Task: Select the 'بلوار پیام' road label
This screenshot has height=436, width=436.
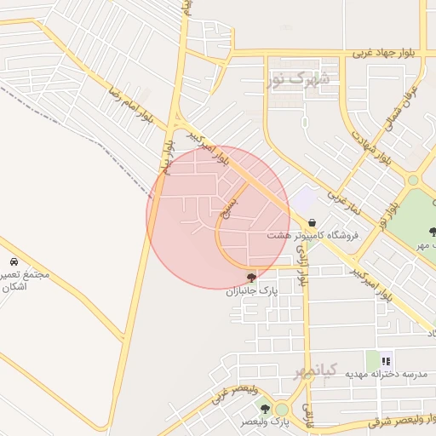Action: pos(164,158)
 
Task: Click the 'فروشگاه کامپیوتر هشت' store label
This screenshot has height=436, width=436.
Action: pos(313,235)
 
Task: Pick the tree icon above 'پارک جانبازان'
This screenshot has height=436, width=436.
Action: pos(250,277)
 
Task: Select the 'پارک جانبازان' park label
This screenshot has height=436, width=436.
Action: pos(252,291)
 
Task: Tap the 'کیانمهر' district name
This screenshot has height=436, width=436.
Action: pos(316,370)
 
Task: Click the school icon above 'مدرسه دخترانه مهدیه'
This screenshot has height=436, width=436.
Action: pos(386,359)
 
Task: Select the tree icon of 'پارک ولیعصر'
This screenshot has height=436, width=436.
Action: pos(265,410)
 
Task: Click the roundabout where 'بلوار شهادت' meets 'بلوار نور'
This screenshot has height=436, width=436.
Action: pos(413,180)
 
